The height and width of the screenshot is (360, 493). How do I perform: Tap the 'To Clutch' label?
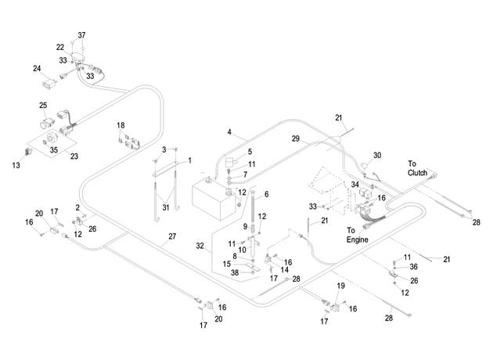[x=418, y=168]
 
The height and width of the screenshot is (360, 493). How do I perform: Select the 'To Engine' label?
[x=357, y=235]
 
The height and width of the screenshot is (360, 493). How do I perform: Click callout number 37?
[x=81, y=35]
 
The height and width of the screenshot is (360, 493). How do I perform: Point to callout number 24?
[x=37, y=68]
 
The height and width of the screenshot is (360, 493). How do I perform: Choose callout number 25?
[x=43, y=105]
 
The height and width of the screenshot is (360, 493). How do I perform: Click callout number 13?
[x=16, y=165]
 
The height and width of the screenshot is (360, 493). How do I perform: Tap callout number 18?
[x=121, y=125]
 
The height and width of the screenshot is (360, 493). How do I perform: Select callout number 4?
[x=229, y=131]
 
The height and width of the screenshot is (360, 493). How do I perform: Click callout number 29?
[x=296, y=139]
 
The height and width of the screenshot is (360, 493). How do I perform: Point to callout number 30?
[x=377, y=155]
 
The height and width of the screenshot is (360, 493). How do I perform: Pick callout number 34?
[x=355, y=184]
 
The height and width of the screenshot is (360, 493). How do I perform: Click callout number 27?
[x=172, y=236]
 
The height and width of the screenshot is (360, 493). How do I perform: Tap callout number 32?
[x=200, y=246]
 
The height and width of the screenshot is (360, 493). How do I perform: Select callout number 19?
[x=341, y=286]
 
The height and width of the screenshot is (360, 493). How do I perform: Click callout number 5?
[x=250, y=152]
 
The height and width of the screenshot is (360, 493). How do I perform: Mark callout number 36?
[x=413, y=267]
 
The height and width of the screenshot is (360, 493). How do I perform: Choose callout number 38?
[x=235, y=272]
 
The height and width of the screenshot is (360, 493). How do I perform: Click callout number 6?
[x=267, y=194]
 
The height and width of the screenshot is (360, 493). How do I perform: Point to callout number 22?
[x=60, y=47]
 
